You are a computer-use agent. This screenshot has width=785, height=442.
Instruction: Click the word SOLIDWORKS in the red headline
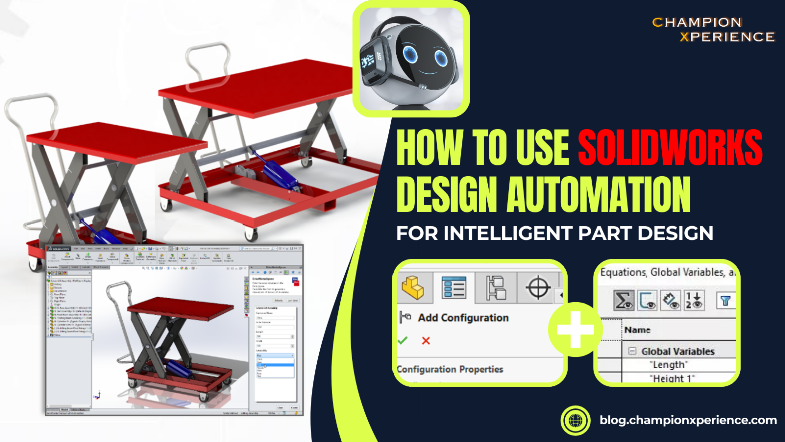[x=670, y=147]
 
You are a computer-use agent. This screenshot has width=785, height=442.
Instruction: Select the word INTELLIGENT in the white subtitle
[x=508, y=233]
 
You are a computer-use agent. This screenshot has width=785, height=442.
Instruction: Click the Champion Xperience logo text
[x=713, y=30]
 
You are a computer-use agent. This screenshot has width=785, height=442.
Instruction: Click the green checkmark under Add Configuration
[x=402, y=341]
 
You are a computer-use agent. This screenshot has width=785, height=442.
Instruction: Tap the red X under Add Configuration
[x=426, y=341]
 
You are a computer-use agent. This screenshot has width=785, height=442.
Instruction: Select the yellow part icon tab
[x=413, y=288]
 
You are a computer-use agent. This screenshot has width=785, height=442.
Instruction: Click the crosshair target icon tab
[x=538, y=288]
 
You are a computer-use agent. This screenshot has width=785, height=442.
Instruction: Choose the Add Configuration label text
[x=463, y=318]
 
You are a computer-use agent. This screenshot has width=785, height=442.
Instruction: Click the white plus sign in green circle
[x=575, y=329]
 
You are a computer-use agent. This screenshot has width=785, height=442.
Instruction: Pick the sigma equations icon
[x=623, y=301]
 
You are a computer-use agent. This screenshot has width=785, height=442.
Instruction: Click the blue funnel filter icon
[x=725, y=301]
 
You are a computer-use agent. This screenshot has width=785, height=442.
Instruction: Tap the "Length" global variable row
[x=668, y=365]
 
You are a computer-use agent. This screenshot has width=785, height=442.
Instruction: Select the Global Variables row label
[x=677, y=351]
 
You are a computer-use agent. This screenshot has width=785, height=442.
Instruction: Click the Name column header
[x=637, y=330]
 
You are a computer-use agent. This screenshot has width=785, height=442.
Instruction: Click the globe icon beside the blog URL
[x=576, y=420]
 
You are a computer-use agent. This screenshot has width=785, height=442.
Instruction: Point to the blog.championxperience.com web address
[x=688, y=420]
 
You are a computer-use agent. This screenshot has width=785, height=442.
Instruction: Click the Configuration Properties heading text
[x=450, y=369]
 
